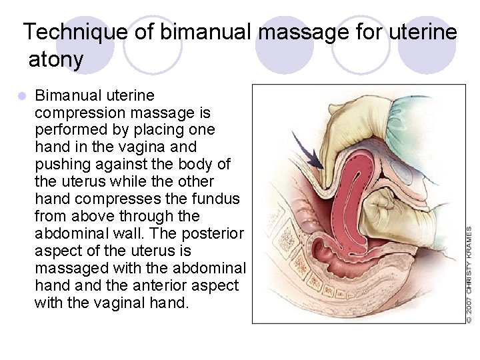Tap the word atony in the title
[x=56, y=60]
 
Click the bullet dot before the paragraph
[x=22, y=95]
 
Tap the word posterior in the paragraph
[x=216, y=233]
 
